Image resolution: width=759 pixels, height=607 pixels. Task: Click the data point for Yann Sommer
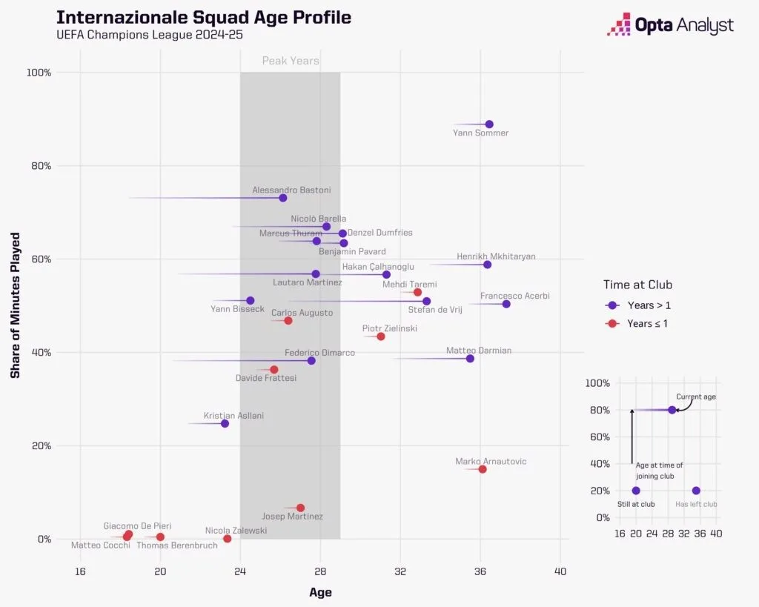(x=489, y=125)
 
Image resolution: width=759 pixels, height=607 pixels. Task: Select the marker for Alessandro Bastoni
(x=283, y=198)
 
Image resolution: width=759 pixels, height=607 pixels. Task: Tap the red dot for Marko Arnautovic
(x=483, y=469)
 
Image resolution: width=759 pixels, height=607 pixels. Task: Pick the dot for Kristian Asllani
(x=225, y=423)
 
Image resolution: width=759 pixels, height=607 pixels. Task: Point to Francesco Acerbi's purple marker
(x=506, y=304)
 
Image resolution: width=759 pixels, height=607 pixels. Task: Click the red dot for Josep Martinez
(x=300, y=508)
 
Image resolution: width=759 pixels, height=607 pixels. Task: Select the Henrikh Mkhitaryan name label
(x=496, y=256)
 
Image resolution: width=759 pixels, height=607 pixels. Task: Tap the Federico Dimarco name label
(x=319, y=353)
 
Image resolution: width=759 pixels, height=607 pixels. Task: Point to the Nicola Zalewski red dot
(x=228, y=539)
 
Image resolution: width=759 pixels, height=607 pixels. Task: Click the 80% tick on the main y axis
(x=40, y=166)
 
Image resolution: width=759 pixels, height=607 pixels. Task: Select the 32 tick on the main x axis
(x=400, y=571)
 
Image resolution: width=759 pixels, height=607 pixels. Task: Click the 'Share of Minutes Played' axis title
(x=16, y=305)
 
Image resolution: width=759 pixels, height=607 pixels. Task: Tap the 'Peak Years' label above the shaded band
(x=291, y=61)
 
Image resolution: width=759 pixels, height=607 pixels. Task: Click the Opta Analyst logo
(x=670, y=26)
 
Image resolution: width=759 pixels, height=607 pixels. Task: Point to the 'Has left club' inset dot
(x=696, y=491)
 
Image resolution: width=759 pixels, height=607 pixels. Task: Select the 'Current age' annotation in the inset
(x=696, y=397)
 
